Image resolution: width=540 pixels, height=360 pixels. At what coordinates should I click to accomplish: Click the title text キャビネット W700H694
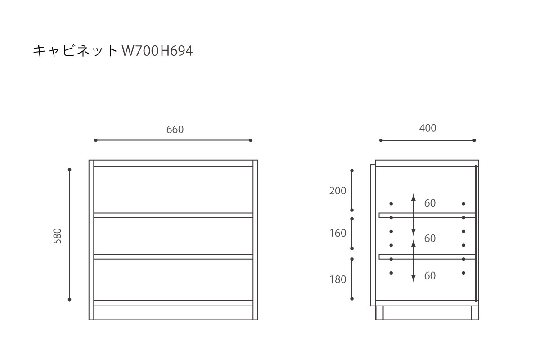pyautogui.click(x=112, y=51)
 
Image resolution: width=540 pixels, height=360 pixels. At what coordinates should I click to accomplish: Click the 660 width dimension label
pyautogui.click(x=175, y=130)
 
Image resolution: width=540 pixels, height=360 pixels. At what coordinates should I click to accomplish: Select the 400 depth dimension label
pyautogui.click(x=427, y=128)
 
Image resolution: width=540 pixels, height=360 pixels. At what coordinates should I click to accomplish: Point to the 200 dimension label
pyautogui.click(x=338, y=191)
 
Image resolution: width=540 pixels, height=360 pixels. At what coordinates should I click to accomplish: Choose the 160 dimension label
pyautogui.click(x=338, y=233)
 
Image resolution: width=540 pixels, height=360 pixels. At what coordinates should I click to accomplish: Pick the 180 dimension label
pyautogui.click(x=338, y=279)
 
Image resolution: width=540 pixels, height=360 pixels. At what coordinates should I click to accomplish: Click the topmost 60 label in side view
pyautogui.click(x=430, y=203)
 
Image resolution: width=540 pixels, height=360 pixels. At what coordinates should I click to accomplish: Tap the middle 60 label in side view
pyautogui.click(x=430, y=238)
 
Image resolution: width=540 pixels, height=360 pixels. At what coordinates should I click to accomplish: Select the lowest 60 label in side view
pyautogui.click(x=430, y=275)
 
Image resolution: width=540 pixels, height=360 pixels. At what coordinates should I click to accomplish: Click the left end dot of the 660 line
pyautogui.click(x=96, y=140)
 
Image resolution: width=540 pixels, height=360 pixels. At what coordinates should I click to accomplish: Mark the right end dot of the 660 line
pyautogui.click(x=251, y=140)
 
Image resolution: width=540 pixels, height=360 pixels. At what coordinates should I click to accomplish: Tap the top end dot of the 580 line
pyautogui.click(x=70, y=170)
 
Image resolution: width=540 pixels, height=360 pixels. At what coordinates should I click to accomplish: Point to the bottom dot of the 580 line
pyautogui.click(x=70, y=299)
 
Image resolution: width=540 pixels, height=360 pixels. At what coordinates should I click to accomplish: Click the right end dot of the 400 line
pyautogui.click(x=474, y=140)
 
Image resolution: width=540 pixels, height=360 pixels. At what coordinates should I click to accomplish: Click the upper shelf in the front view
pyautogui.click(x=173, y=215)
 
